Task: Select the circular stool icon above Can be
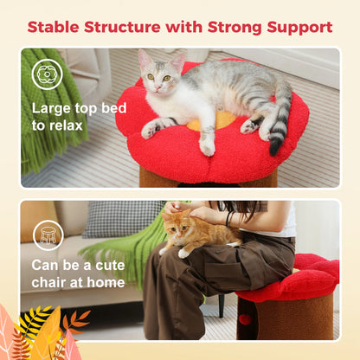click(48, 235)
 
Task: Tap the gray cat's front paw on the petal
click(150, 130)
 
